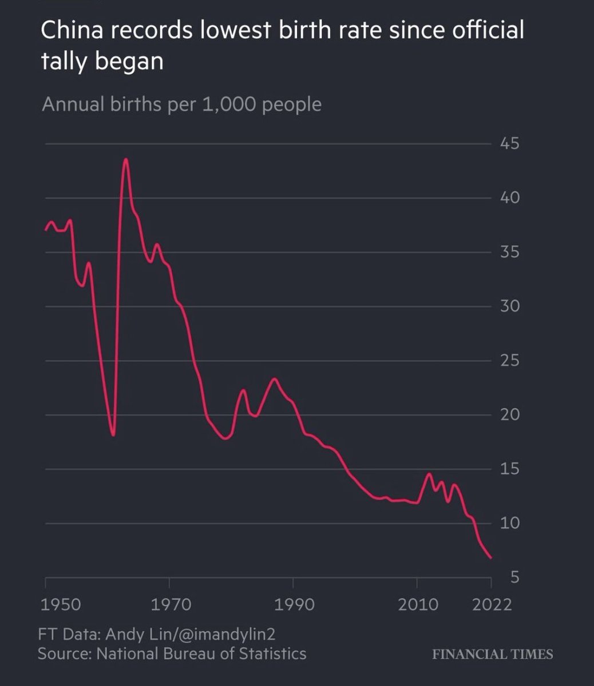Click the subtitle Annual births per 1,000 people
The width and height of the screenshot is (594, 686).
(x=181, y=105)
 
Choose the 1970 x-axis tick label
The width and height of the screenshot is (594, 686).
(x=169, y=604)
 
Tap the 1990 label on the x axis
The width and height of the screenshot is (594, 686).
(x=293, y=604)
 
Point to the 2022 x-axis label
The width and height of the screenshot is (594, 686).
(x=491, y=604)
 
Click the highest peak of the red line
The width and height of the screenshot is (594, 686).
(x=125, y=159)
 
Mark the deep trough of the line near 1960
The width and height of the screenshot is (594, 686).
(x=113, y=435)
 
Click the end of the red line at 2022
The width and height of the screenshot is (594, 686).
(x=491, y=558)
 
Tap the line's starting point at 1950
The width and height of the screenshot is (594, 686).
(x=46, y=230)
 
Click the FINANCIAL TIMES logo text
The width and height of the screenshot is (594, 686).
(x=492, y=654)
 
